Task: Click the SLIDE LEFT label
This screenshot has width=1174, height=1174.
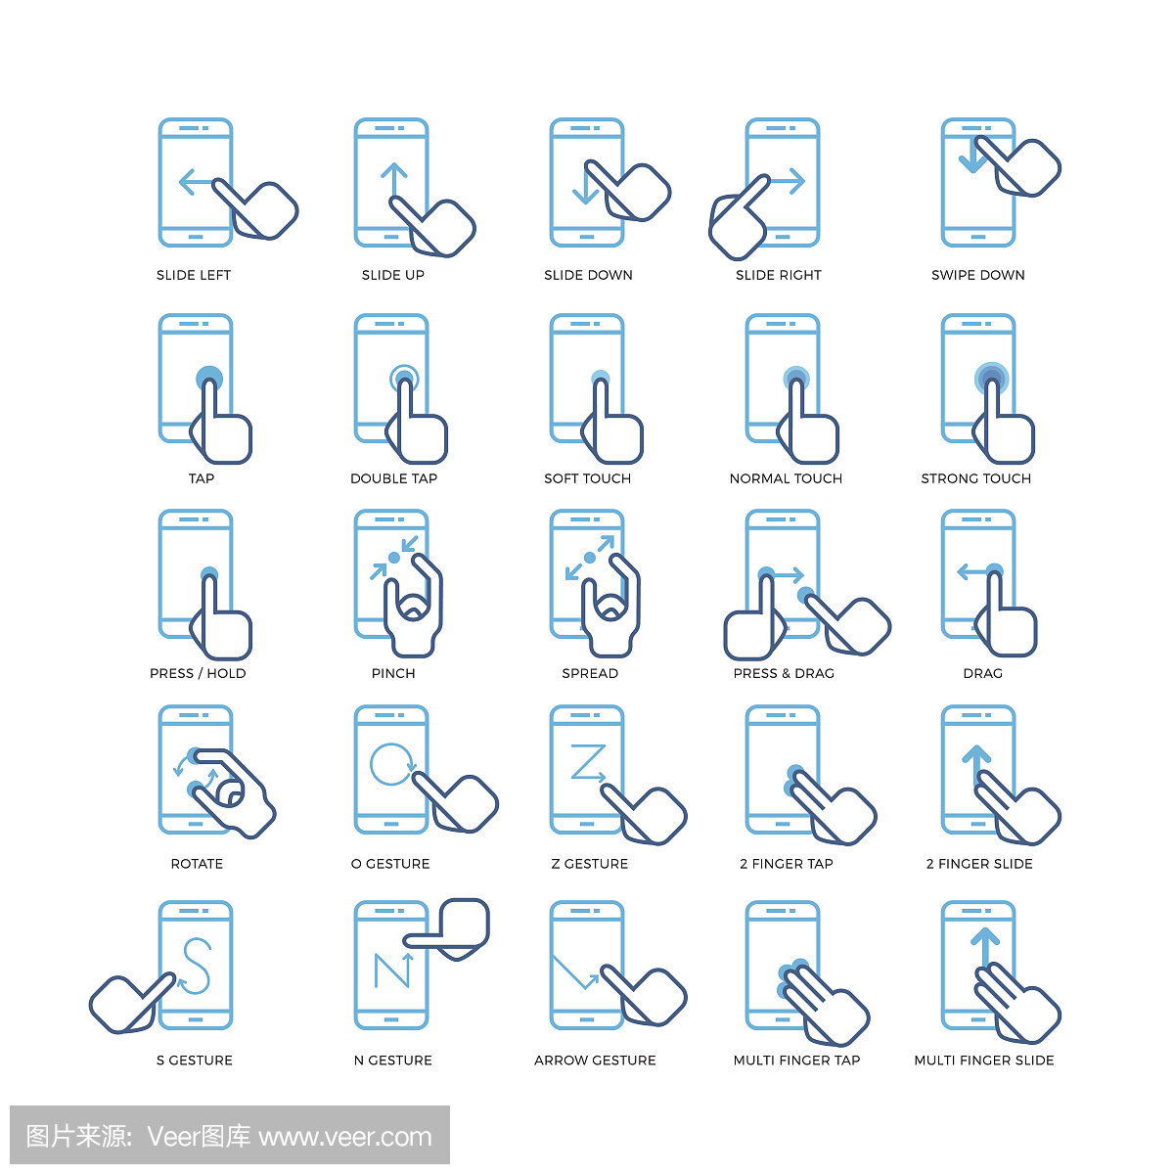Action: pos(194,275)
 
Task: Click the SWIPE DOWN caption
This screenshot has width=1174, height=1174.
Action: pos(977,275)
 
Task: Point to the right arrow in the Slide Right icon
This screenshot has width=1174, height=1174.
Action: pos(788,181)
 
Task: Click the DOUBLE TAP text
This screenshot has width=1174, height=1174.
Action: pos(393,478)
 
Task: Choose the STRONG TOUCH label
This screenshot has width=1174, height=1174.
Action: pos(976,478)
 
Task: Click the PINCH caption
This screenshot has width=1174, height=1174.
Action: pos(393,674)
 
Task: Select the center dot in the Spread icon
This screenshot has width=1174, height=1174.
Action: pos(590,558)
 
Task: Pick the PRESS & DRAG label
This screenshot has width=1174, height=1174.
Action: pos(784,674)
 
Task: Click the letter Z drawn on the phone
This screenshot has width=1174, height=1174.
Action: pos(588,762)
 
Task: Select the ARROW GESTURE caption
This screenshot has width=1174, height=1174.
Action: pos(595,1061)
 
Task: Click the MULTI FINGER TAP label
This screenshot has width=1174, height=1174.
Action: pos(797,1061)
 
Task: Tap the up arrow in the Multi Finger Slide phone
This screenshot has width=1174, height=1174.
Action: pos(985,949)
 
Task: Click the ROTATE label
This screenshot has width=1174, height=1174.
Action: pos(197,864)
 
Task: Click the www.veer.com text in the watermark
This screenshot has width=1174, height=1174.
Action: pos(345,1138)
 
